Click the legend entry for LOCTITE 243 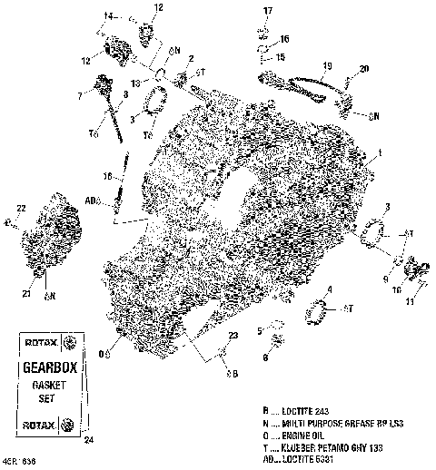(x=314, y=411)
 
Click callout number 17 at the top (x=268, y=10)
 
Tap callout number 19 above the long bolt (x=327, y=66)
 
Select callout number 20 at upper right (x=365, y=69)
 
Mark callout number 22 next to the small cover (x=22, y=210)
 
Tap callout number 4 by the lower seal (x=330, y=290)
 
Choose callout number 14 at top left (x=109, y=15)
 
